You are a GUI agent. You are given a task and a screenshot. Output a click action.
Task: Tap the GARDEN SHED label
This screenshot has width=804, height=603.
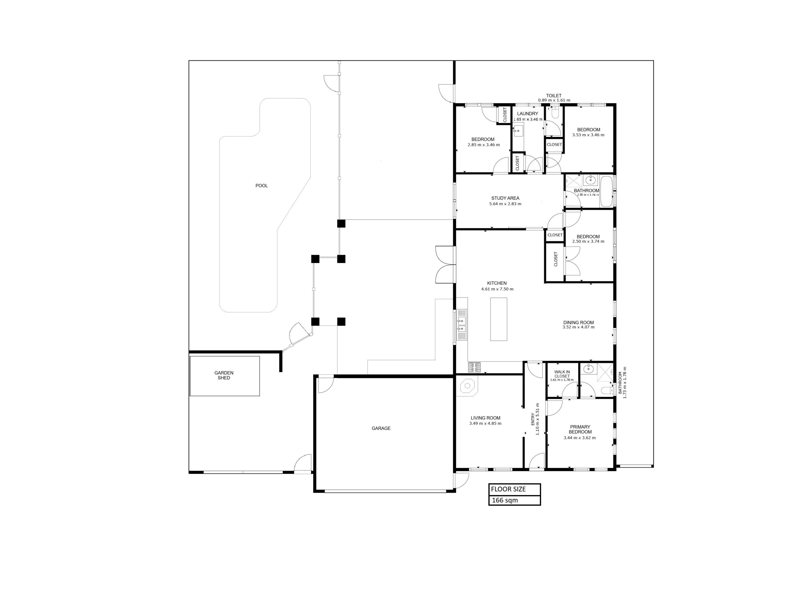click(224, 375)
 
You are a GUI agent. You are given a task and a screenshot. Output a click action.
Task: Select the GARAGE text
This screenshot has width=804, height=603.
click(381, 428)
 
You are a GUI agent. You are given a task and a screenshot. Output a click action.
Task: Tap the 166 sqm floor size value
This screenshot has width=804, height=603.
click(505, 500)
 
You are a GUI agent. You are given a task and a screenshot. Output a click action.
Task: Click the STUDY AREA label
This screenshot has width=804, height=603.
click(505, 198)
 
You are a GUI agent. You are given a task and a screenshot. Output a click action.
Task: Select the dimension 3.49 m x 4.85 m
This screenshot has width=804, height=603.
click(485, 423)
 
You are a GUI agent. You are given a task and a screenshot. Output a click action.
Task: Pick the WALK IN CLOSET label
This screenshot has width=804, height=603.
click(562, 374)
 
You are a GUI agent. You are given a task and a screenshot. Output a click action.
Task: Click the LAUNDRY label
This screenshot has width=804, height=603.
click(527, 114)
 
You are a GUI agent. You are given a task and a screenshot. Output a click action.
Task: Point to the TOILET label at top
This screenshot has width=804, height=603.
click(554, 96)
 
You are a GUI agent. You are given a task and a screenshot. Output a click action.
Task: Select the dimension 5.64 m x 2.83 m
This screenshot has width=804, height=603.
click(505, 204)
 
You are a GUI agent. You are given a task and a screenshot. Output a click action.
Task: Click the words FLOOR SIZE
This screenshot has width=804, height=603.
click(508, 489)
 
